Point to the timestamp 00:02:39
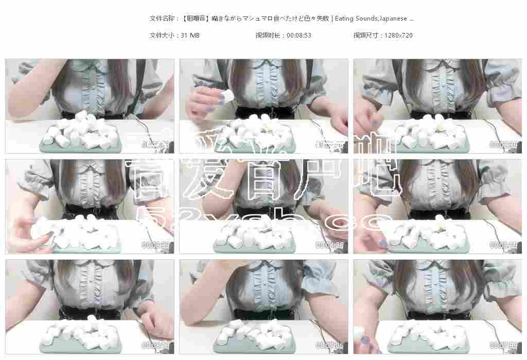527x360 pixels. (x=503, y=145)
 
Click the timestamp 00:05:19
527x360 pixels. (x=503, y=245)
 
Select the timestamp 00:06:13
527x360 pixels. (x=155, y=346)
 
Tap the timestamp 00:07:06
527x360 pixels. (x=329, y=346)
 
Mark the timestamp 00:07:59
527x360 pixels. (x=503, y=346)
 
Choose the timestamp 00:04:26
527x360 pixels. (x=329, y=245)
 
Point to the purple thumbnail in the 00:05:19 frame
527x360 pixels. (x=382, y=243)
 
